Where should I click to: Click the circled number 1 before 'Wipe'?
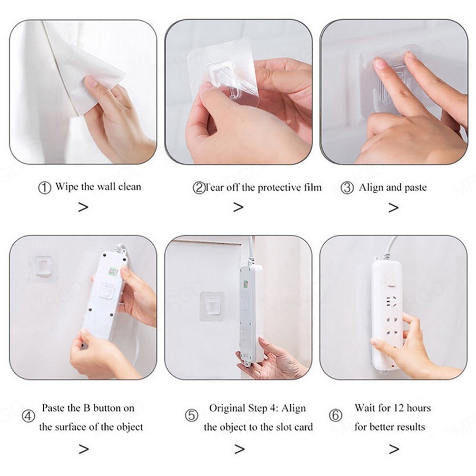44,188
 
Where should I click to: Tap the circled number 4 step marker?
29,416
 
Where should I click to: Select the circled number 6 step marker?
336,416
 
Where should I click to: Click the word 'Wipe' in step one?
67,187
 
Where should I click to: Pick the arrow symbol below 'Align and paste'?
393,208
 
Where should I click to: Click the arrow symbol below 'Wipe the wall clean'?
83,207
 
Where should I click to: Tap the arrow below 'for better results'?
393,449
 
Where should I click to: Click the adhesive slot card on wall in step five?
212,307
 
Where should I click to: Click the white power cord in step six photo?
389,248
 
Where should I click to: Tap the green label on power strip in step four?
113,272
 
